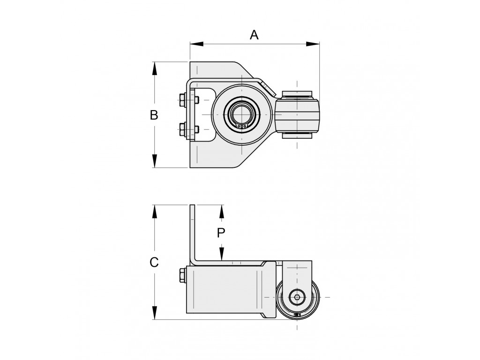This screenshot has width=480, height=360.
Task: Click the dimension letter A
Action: click(254, 35)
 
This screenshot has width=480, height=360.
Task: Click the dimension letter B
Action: click(154, 115)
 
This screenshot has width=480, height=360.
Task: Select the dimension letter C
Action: click(154, 262)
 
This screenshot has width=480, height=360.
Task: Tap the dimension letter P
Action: click(221, 233)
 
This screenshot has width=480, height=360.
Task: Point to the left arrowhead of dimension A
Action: click(196, 44)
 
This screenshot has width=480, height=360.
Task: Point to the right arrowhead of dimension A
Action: click(313, 44)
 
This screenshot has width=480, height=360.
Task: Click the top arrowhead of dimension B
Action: click(155, 68)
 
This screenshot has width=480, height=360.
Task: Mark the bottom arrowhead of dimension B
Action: click(155, 161)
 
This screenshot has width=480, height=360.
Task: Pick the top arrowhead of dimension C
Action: click(155, 211)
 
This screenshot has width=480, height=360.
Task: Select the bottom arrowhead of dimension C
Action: click(155, 313)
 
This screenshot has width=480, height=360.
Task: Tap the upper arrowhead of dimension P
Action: click(222, 211)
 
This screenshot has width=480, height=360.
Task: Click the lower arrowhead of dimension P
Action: click(222, 254)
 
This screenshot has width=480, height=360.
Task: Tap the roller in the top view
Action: click(297, 114)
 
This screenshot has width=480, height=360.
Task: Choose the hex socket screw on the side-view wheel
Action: click(297, 297)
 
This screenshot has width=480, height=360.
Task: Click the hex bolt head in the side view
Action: click(183, 275)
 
